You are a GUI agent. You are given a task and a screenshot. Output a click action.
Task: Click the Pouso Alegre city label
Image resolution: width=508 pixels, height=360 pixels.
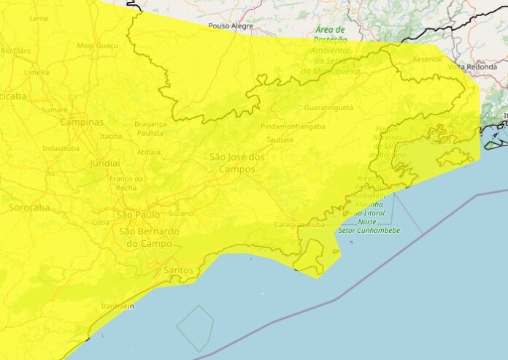tap(230, 26)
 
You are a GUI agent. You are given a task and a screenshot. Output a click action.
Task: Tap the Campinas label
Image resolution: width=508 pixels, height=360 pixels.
tap(82, 122)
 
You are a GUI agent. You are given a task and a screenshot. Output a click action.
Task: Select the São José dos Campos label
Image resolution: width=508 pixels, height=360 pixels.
tap(237, 163)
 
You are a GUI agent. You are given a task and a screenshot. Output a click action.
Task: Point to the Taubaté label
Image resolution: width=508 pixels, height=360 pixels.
tap(279, 139)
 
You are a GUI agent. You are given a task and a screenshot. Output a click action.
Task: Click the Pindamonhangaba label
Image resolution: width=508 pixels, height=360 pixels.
tap(293, 126)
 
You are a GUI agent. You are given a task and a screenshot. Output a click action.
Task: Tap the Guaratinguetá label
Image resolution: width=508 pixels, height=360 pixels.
tap(328, 107)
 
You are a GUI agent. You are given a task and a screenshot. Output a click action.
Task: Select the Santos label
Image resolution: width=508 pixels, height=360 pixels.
tap(180, 270)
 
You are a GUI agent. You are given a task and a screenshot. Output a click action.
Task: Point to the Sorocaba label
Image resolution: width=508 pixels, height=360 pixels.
tap(28, 208)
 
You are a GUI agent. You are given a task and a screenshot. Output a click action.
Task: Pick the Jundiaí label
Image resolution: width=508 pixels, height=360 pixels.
tap(105, 164)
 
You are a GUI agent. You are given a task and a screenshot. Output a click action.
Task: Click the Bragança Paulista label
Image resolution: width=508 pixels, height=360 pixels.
tap(150, 129)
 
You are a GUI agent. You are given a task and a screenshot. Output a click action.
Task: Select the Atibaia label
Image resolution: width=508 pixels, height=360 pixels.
tap(149, 153)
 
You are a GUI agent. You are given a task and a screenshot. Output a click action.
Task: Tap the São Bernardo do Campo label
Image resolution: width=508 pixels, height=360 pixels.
tap(149, 237)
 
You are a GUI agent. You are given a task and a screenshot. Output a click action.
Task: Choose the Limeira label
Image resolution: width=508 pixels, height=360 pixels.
tap(36, 72)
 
